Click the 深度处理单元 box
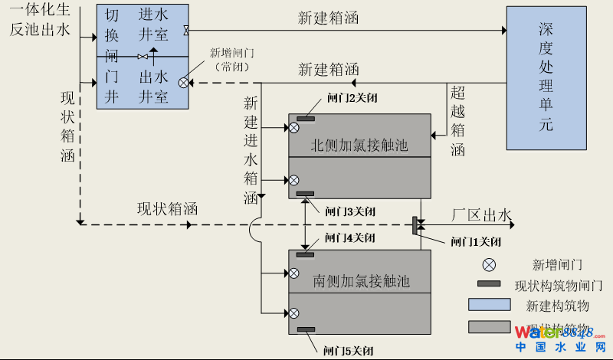545,77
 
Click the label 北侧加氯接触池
359,145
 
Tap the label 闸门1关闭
476,242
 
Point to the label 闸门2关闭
352,98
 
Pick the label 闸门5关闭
349,351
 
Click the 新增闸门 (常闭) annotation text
234,59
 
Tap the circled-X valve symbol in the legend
489,265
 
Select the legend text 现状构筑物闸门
559,286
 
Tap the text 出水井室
154,87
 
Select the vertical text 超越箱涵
457,121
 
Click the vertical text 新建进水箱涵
251,150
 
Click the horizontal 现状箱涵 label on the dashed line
168,208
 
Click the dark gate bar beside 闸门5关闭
306,330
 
